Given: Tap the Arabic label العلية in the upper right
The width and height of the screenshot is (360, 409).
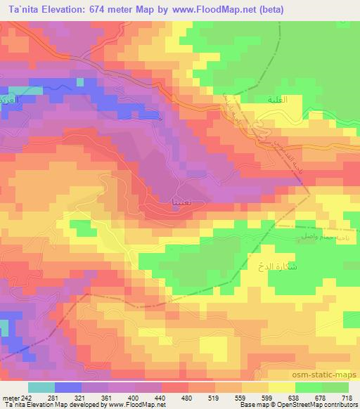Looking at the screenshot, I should [x=276, y=100].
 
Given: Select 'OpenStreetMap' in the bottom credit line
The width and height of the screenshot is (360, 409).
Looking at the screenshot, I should [x=289, y=405].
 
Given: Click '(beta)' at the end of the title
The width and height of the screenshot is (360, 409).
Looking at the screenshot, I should [x=270, y=8].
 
